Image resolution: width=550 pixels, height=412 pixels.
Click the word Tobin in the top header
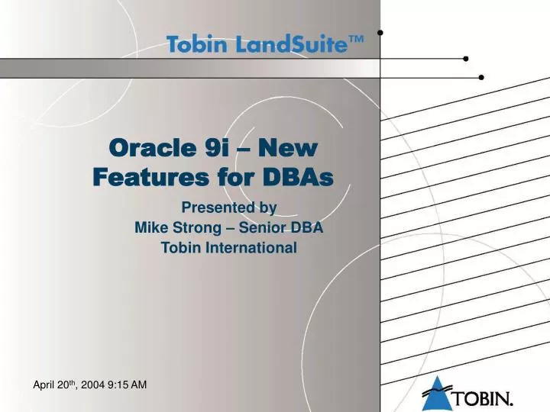coord(196,44)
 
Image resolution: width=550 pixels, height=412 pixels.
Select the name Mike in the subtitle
coord(150,227)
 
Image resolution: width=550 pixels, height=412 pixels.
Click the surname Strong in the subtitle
coord(197,227)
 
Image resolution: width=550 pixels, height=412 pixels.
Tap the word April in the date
coord(45,385)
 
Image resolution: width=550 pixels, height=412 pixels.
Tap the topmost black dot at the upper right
coord(380,33)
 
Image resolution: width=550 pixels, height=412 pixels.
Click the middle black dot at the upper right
coord(466,59)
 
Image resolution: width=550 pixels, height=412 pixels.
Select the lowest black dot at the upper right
coord(481,77)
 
